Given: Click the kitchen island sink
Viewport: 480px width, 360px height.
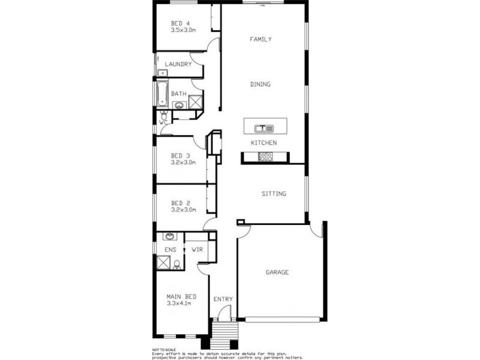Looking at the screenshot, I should point(263,128).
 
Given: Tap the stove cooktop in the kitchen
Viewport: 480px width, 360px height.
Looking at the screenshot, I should point(265,157).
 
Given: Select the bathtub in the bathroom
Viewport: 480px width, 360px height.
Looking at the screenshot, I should point(162,94).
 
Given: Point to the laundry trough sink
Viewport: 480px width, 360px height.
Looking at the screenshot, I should point(162,73).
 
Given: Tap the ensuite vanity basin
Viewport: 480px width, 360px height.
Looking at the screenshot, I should point(170,236).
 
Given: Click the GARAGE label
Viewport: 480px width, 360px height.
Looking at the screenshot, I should point(277,272).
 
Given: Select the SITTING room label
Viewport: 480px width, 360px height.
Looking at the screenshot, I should point(274,194).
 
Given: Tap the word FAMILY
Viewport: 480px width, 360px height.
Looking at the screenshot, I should point(260,39).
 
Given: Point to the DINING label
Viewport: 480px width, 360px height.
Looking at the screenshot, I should point(260,84).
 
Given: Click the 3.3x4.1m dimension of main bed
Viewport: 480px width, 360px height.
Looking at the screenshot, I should point(179,304).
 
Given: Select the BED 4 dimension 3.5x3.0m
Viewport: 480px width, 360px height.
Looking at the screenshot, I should point(184,29).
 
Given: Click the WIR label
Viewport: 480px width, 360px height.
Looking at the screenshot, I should point(197,249).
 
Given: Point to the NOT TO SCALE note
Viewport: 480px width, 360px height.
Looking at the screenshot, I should point(164,348).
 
